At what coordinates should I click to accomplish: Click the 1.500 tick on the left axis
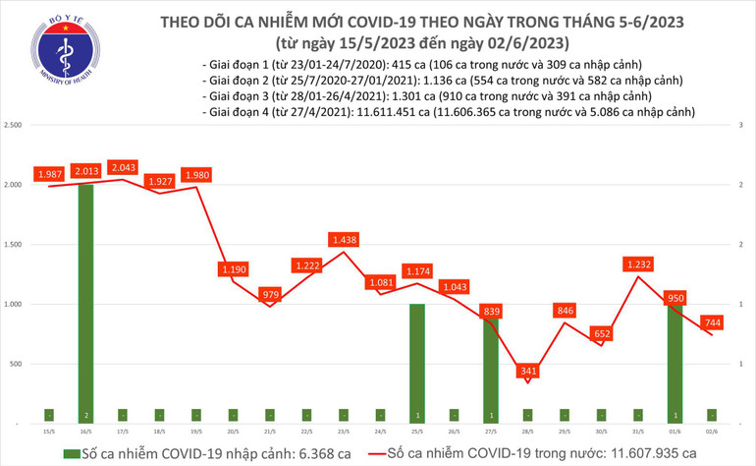(x=14, y=245)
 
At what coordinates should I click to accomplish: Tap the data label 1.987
(x=50, y=173)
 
